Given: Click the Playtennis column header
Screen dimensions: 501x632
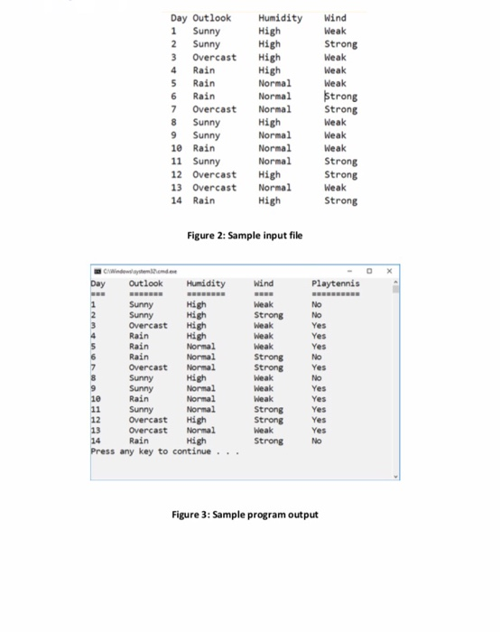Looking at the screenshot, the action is [335, 283].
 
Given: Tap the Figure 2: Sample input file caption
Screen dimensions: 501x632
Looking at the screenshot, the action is [244, 236].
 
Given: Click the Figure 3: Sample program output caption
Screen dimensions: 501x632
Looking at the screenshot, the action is [245, 515].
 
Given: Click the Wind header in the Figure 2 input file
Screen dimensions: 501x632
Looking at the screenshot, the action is [334, 17].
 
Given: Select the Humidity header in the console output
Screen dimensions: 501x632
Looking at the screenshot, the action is [207, 283].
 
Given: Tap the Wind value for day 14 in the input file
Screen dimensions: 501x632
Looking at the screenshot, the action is [339, 200].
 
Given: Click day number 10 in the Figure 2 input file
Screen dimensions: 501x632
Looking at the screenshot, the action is [178, 148].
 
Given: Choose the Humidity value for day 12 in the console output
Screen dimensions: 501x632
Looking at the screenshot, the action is [195, 420].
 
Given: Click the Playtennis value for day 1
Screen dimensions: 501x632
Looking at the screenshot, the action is [316, 304].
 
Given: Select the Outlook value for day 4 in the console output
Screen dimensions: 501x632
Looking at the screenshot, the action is [139, 335].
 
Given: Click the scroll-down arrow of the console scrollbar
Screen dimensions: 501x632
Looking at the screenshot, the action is [395, 476].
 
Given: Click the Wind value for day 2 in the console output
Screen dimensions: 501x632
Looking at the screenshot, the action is [268, 315].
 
